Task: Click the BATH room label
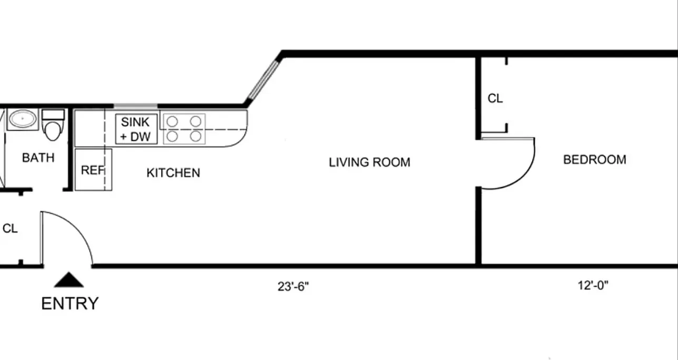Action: (x=38, y=158)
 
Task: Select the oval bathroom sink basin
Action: (x=23, y=119)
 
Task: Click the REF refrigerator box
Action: (x=93, y=170)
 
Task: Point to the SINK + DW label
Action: (x=135, y=129)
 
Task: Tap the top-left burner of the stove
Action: (x=172, y=122)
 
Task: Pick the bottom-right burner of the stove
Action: (x=196, y=137)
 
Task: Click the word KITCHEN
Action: (x=173, y=173)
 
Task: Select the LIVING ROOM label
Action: (x=369, y=162)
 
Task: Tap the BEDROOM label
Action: (x=595, y=160)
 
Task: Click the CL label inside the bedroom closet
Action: (x=495, y=99)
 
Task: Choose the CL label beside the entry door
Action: (x=10, y=229)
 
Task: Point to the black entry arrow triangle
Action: (x=69, y=280)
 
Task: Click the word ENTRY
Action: (x=70, y=304)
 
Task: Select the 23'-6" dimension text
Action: (x=293, y=287)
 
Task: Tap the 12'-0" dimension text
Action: (x=593, y=286)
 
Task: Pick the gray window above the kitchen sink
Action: (x=135, y=106)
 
